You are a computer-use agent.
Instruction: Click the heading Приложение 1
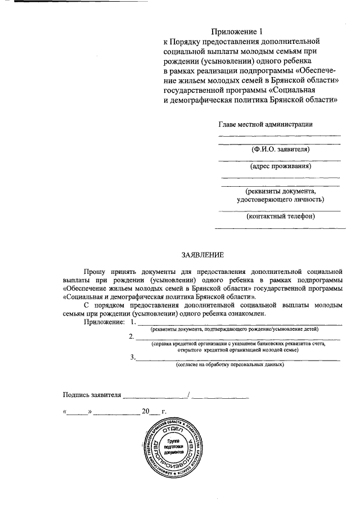click(237, 32)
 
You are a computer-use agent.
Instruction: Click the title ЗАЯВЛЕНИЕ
click(202, 255)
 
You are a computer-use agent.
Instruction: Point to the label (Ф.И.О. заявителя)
click(280, 150)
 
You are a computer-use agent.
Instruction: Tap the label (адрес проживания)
click(280, 166)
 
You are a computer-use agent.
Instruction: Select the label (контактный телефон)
click(280, 216)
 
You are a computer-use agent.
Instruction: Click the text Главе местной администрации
click(265, 124)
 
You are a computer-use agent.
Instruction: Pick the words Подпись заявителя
click(92, 394)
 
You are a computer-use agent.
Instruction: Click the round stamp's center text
click(172, 446)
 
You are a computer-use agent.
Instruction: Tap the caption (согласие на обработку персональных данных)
click(231, 364)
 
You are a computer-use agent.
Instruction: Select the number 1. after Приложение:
click(133, 322)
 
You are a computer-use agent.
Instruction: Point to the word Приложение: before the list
click(104, 322)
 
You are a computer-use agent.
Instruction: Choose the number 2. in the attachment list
click(131, 337)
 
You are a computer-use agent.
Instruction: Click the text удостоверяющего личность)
click(280, 200)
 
